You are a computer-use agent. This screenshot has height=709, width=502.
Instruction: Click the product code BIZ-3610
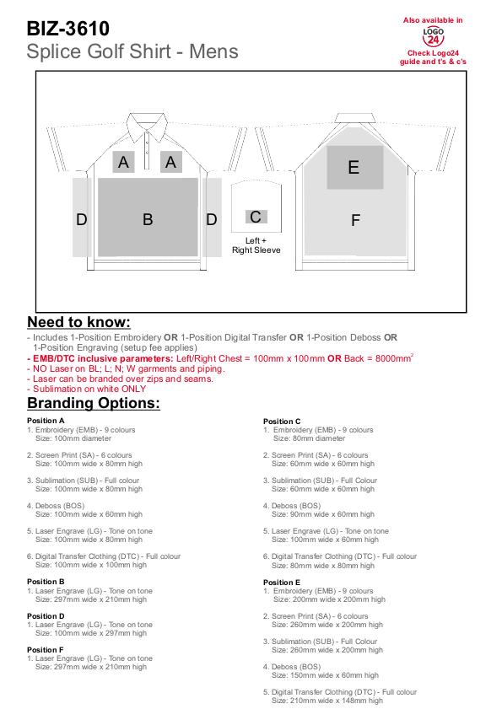tap(67, 29)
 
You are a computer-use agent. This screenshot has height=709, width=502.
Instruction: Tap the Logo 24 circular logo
tap(433, 36)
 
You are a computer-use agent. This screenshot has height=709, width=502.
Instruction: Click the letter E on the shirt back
tap(354, 167)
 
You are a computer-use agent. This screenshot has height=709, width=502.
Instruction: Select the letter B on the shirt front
tap(148, 219)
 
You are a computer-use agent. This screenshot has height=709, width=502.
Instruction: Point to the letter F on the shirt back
tap(355, 220)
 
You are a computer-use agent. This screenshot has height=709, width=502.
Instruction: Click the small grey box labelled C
tap(256, 217)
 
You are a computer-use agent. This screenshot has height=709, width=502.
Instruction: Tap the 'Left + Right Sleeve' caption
tap(256, 245)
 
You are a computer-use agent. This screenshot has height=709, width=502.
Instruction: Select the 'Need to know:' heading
tap(78, 322)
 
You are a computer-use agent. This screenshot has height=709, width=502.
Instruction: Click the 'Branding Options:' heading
tap(94, 403)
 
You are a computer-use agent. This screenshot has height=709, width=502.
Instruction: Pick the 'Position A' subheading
tap(46, 421)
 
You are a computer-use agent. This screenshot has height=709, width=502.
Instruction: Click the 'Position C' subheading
tap(282, 421)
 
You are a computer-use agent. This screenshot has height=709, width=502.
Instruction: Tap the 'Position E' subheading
tap(282, 583)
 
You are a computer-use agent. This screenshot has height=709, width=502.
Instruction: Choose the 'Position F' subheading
tap(46, 650)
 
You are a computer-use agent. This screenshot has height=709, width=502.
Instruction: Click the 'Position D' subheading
tap(46, 616)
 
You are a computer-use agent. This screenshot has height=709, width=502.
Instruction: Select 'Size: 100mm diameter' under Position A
tap(73, 438)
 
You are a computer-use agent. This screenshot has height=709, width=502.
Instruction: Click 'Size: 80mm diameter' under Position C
tap(309, 438)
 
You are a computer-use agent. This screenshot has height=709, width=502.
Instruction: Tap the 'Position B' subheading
tap(46, 582)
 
